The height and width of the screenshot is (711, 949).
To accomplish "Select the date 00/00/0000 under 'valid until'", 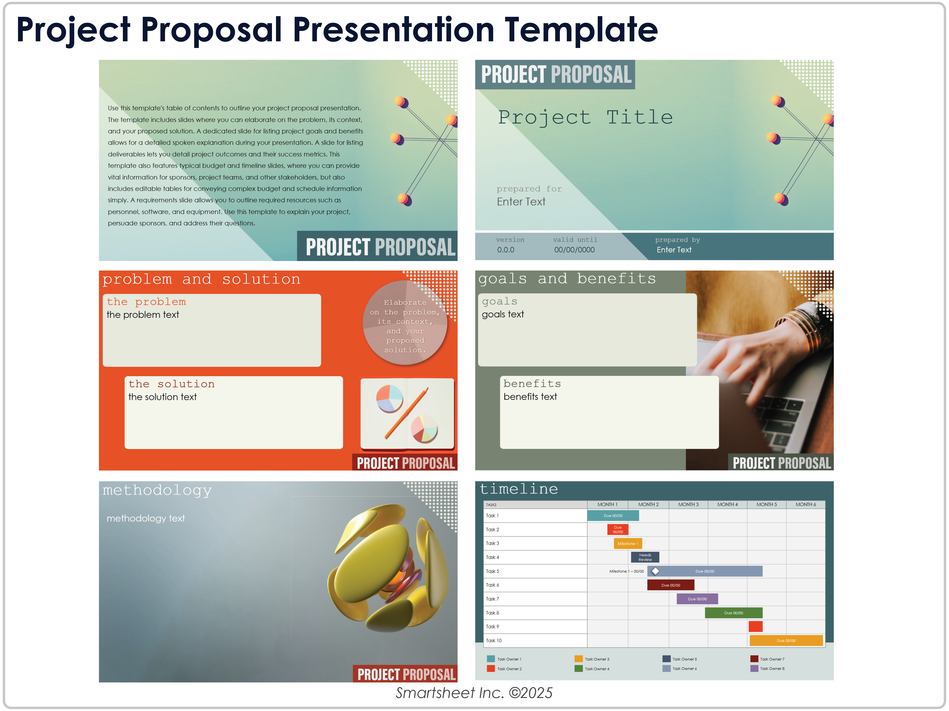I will [x=574, y=250].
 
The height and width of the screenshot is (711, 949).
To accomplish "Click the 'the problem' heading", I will [x=146, y=302].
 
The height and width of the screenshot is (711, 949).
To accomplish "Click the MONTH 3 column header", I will [x=688, y=504].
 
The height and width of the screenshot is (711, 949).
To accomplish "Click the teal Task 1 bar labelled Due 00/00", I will [x=613, y=515].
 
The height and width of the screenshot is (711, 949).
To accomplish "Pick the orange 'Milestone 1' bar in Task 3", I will [x=628, y=543].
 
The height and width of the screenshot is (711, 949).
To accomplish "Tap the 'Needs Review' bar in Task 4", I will [x=645, y=557].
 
